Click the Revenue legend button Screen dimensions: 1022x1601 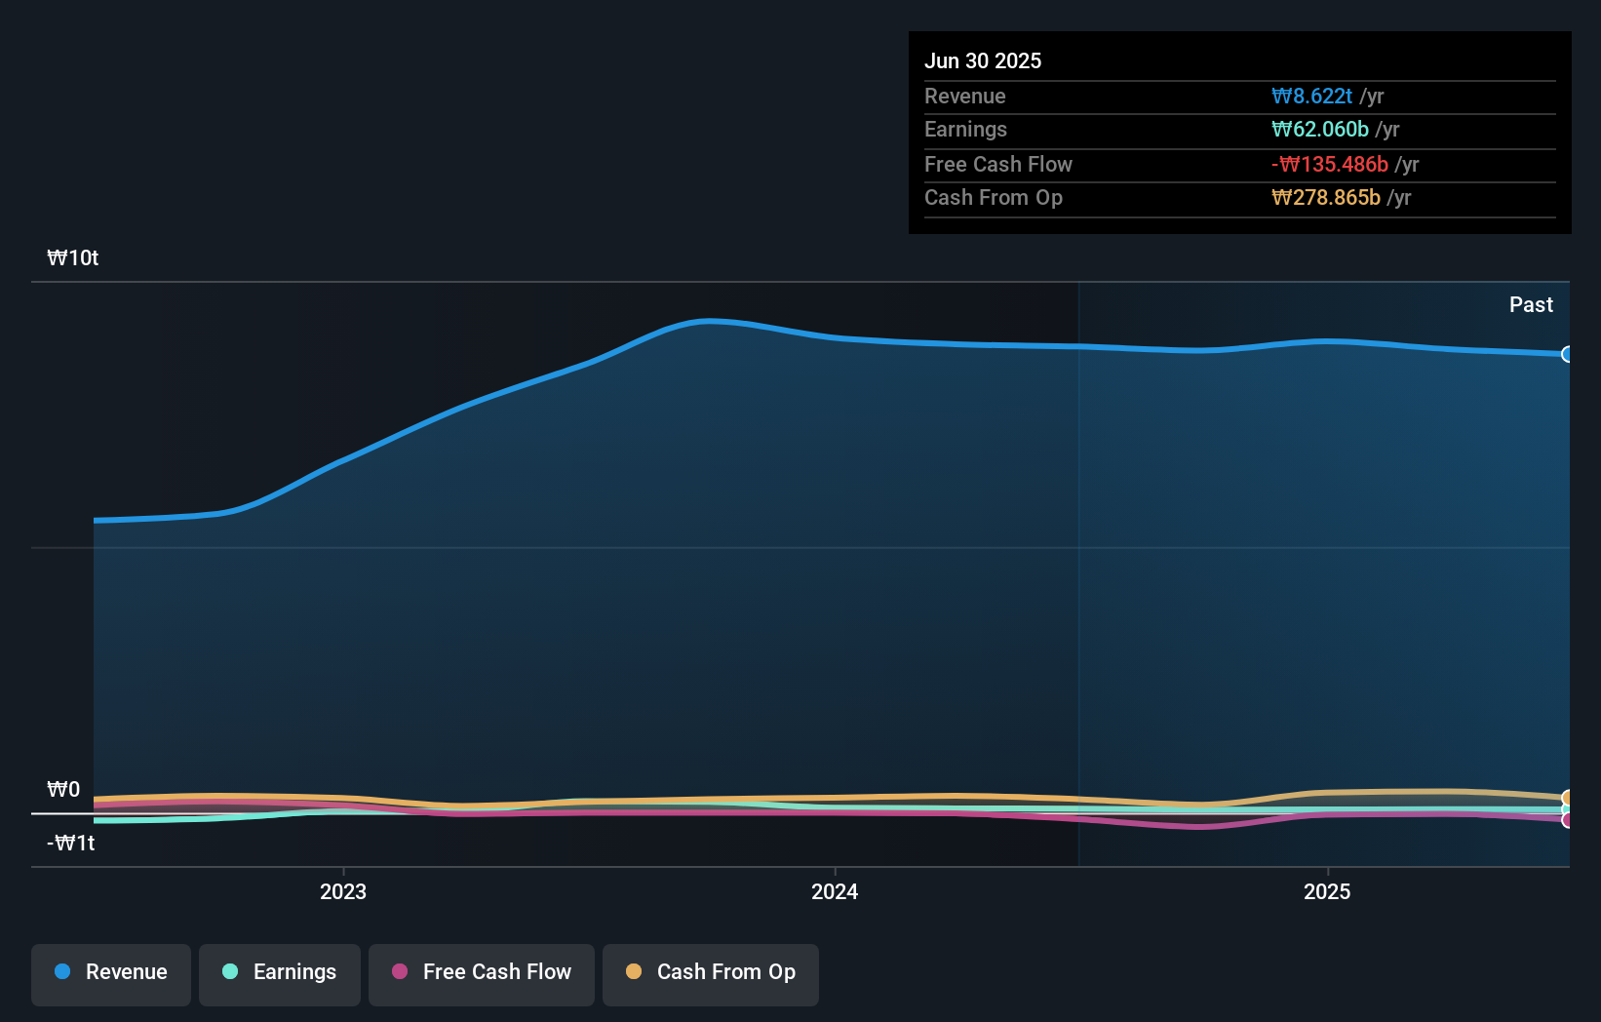pyautogui.click(x=111, y=973)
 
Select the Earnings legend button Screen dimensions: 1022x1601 pyautogui.click(x=280, y=973)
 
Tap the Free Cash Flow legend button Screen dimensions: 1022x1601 pyautogui.click(x=482, y=973)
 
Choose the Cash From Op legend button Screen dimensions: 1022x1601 pyautogui.click(x=711, y=973)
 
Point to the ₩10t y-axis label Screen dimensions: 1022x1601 pyautogui.click(x=73, y=258)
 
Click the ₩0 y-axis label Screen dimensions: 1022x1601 pyautogui.click(x=63, y=790)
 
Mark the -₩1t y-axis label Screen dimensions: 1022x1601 pyautogui.click(x=71, y=844)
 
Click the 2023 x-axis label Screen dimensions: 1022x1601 pyautogui.click(x=343, y=892)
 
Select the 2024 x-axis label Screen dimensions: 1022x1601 pyautogui.click(x=835, y=892)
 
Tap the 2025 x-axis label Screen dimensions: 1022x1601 pyautogui.click(x=1327, y=892)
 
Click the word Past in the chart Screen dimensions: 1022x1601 pyautogui.click(x=1531, y=305)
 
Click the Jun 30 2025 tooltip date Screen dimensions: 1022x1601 pyautogui.click(x=983, y=61)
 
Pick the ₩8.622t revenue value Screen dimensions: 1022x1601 pyautogui.click(x=1311, y=97)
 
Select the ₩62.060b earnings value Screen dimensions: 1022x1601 pyautogui.click(x=1320, y=130)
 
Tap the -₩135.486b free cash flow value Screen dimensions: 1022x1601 pyautogui.click(x=1330, y=165)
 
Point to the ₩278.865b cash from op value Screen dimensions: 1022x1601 pyautogui.click(x=1326, y=198)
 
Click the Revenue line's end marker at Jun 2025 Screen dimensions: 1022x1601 pyautogui.click(x=1567, y=354)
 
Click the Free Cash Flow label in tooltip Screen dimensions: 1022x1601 pyautogui.click(x=998, y=165)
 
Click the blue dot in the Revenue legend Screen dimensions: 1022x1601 pyautogui.click(x=62, y=972)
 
